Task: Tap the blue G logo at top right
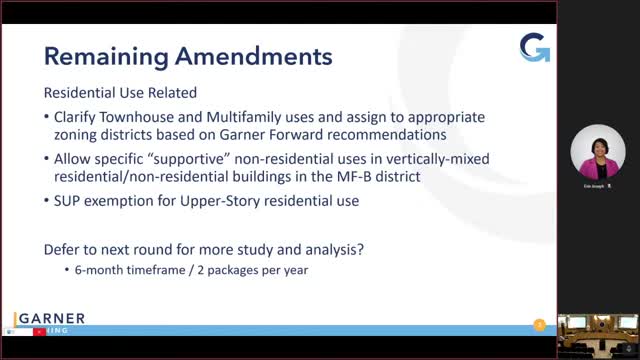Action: (x=534, y=47)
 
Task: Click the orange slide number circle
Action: (x=540, y=324)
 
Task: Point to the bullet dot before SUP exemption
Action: (x=48, y=201)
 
